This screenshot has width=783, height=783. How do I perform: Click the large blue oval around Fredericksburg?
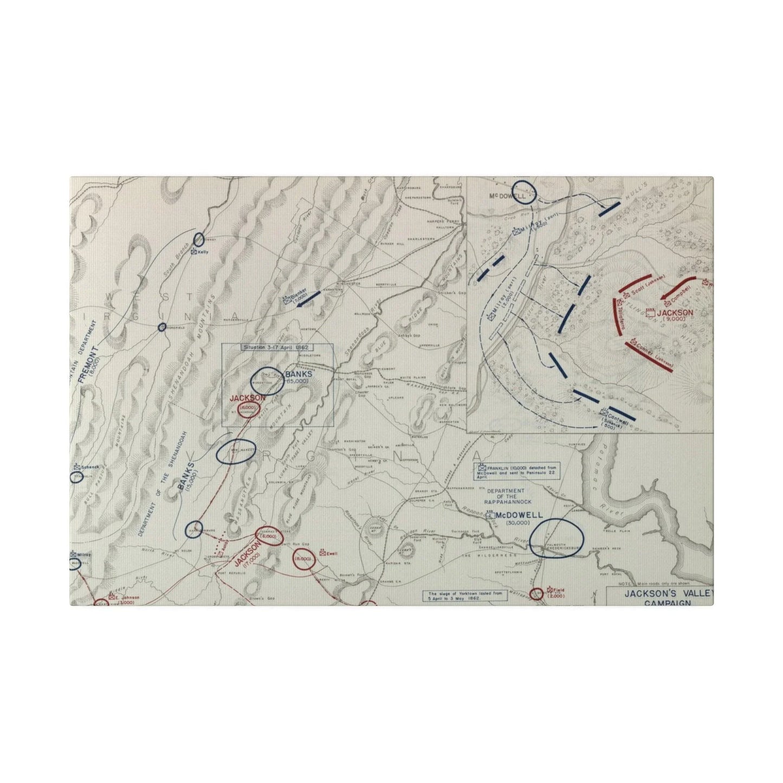click(557, 538)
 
